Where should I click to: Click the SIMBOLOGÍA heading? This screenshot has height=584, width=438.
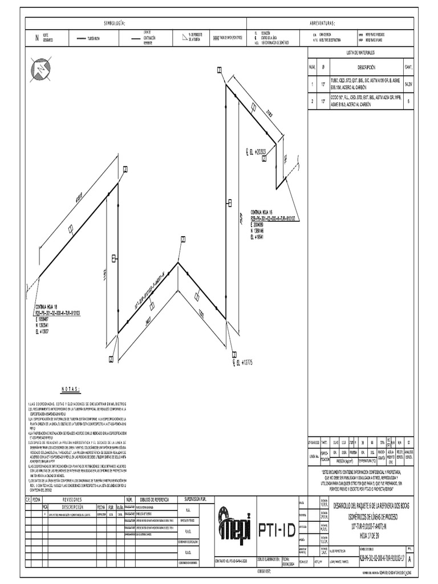pos(113,23)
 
